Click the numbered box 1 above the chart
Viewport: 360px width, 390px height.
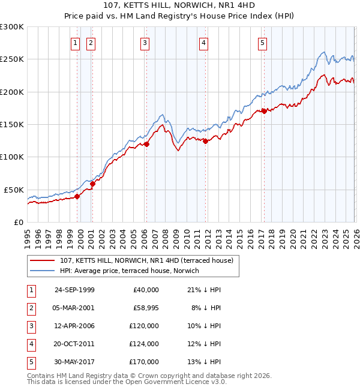coord(76,43)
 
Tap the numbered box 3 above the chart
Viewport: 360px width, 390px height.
coord(146,43)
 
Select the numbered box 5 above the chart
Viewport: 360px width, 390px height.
coord(263,43)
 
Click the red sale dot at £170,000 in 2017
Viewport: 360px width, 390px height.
coord(264,111)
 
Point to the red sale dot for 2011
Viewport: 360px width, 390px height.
coord(205,142)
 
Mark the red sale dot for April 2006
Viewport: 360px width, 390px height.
coord(146,144)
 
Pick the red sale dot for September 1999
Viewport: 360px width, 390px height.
coord(77,196)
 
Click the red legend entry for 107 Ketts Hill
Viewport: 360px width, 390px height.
coord(149,260)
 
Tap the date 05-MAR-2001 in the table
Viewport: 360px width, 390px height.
coord(74,307)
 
